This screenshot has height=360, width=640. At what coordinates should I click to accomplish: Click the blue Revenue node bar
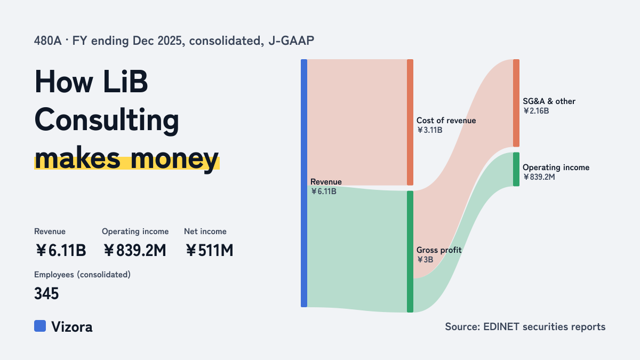[304, 183]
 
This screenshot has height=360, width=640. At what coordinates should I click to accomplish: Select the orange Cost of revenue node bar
[410, 122]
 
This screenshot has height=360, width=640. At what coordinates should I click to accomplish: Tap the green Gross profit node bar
[410, 251]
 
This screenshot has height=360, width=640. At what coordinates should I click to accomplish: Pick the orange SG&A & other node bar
[516, 103]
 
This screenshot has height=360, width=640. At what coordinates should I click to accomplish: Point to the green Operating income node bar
[516, 169]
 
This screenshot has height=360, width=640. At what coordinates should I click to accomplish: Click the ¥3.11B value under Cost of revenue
[429, 130]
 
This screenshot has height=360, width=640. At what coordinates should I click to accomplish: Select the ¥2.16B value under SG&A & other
[536, 111]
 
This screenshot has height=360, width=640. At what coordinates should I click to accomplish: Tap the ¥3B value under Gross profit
[425, 260]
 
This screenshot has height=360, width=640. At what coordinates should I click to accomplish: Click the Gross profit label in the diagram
[439, 250]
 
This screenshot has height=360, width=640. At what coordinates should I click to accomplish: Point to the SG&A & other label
[549, 101]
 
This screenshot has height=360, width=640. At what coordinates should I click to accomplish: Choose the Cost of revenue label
[446, 121]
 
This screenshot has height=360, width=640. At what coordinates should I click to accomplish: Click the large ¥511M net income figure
[209, 250]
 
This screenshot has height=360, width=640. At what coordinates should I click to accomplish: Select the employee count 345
[46, 293]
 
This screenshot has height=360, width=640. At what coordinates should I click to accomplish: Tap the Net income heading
[205, 231]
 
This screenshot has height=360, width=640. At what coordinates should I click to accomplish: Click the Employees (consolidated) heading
[82, 275]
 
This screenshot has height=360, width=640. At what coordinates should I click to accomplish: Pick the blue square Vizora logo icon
[40, 326]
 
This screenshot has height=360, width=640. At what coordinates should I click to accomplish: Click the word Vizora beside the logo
[71, 326]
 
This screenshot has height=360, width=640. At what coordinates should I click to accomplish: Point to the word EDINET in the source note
[501, 326]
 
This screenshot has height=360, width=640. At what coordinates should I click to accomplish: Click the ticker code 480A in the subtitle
[47, 41]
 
